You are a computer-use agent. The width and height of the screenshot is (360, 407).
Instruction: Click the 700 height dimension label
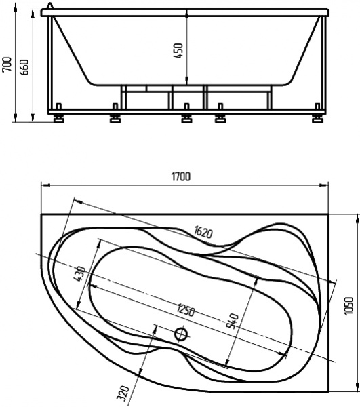tap(7, 64)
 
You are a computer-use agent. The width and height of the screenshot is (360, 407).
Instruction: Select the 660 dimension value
tap(25, 66)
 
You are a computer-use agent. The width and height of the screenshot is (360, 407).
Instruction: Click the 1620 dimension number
tap(202, 233)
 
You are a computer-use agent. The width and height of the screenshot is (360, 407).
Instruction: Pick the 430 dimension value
tap(80, 275)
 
